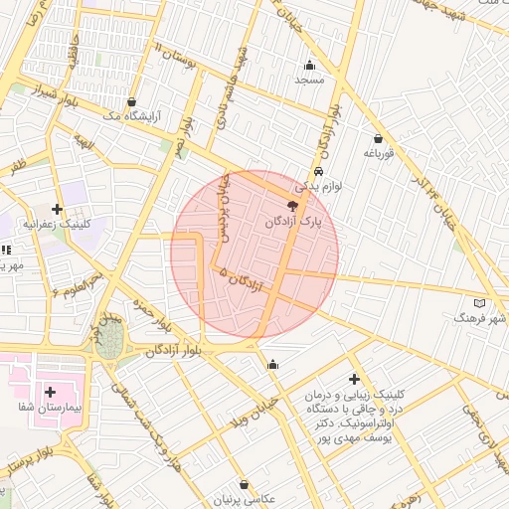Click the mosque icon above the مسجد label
[308, 66]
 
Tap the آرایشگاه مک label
[132, 115]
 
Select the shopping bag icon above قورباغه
[378, 139]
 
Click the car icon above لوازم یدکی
[317, 170]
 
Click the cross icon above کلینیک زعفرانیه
[58, 209]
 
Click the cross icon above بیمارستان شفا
[50, 392]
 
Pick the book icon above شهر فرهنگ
[480, 302]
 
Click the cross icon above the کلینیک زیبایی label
[354, 379]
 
